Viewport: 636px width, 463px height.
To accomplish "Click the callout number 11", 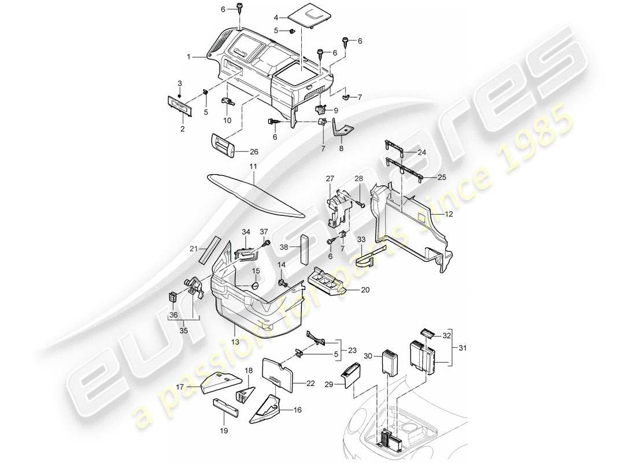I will [x=253, y=166].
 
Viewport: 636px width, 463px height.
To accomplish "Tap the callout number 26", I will [x=254, y=152].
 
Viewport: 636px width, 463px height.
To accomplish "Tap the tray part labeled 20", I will [x=326, y=283].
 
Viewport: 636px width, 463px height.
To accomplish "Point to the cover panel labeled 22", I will [x=279, y=375].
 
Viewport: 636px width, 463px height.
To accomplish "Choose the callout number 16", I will [x=298, y=410].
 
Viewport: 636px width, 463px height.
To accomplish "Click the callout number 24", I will [x=422, y=153].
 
